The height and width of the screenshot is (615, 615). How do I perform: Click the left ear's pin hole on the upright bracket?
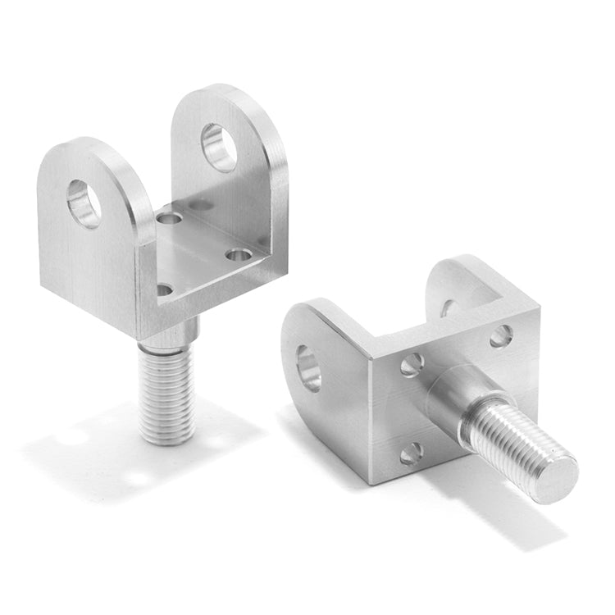point(84,203)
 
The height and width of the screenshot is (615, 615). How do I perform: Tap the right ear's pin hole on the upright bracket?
point(219,147)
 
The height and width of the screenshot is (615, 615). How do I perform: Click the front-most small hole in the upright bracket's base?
point(165,289)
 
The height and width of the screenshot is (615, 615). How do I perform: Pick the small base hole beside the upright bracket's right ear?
point(239,255)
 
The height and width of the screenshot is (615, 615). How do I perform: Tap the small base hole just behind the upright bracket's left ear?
point(170,219)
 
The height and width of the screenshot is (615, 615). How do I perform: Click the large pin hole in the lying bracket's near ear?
point(309,367)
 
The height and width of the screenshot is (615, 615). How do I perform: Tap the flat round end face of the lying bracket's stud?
point(555,478)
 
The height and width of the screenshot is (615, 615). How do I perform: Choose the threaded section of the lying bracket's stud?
point(508,439)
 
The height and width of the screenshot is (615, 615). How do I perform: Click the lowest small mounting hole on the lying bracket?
point(410,452)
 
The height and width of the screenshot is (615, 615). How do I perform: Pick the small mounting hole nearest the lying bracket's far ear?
point(501,336)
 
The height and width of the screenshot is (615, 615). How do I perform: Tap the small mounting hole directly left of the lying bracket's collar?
point(412,364)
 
